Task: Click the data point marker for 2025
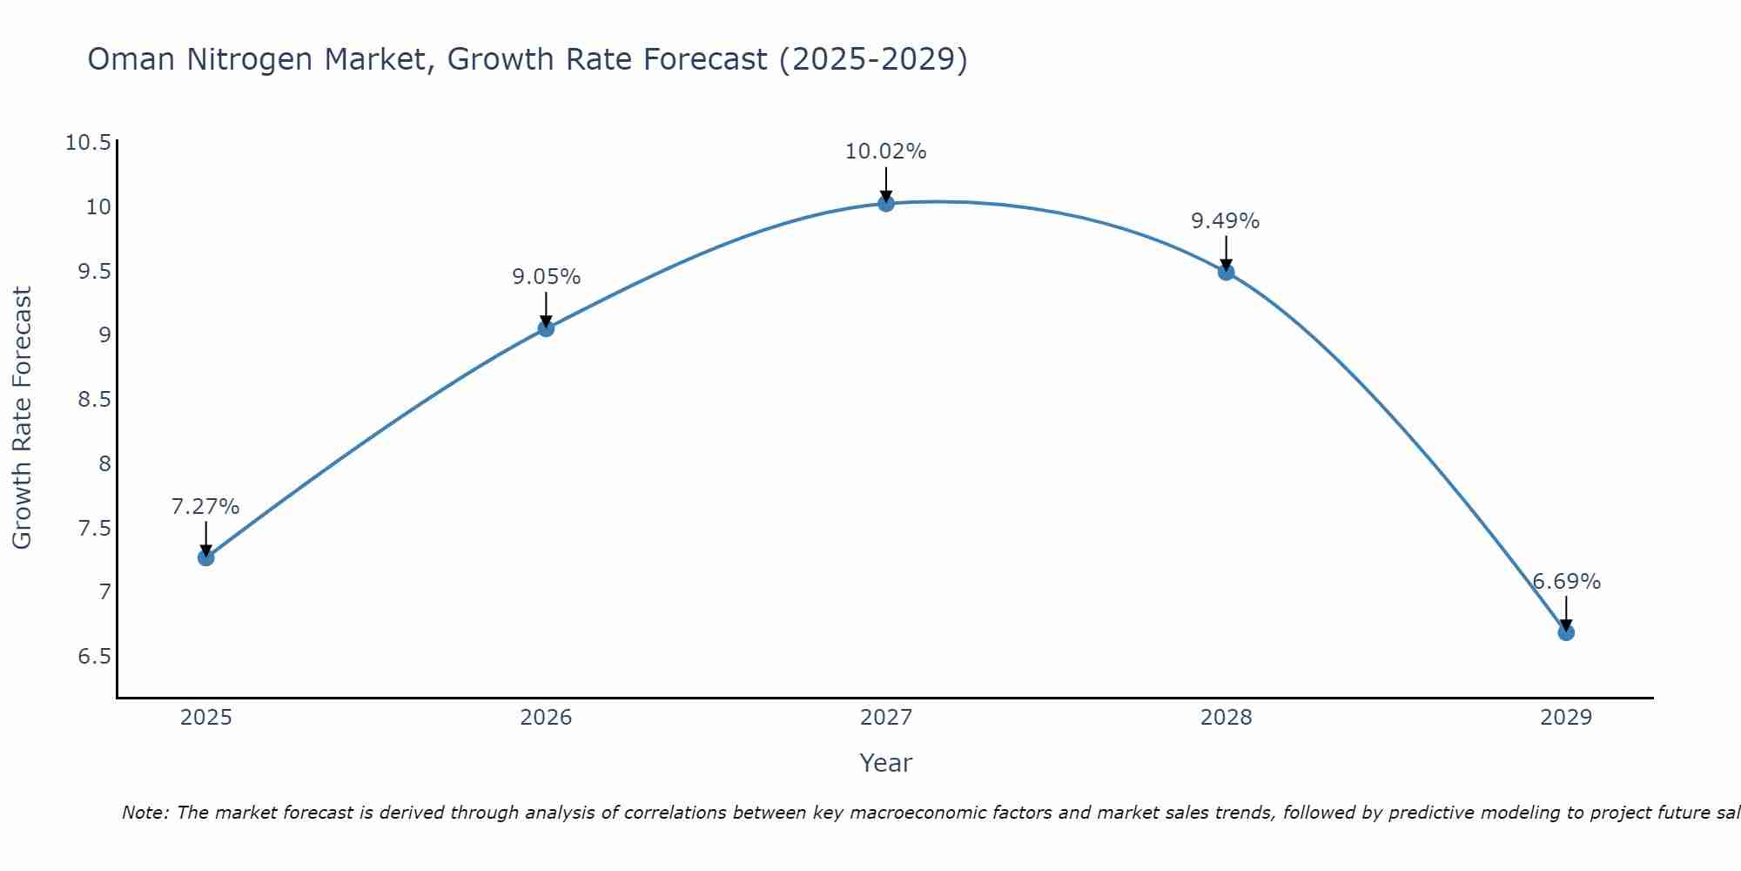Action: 205,557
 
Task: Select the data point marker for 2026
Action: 546,328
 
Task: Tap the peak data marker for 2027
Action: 886,203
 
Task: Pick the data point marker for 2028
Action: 1226,272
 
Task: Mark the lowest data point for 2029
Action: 1566,632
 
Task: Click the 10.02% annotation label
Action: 885,152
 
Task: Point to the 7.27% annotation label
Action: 205,507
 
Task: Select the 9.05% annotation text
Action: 546,277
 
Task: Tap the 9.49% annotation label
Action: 1225,221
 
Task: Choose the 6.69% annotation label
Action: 1566,582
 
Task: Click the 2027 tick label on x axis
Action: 886,718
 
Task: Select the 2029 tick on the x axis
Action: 1566,718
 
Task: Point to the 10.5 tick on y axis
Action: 89,143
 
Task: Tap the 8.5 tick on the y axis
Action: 95,400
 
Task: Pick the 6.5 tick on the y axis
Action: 95,656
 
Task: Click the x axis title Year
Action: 885,763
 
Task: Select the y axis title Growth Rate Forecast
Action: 22,417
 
